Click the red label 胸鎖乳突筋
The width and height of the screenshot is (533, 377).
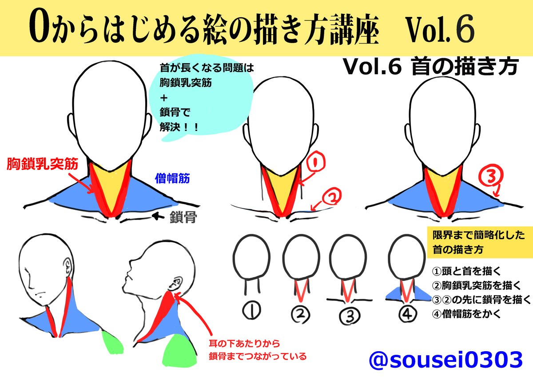coord(43,164)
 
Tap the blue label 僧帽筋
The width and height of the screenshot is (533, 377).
coord(172,179)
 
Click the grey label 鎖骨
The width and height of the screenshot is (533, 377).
coord(183,218)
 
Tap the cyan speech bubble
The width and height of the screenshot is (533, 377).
coord(202,100)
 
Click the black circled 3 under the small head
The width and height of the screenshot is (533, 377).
coord(349,316)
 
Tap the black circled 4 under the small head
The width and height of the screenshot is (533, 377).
coord(406,313)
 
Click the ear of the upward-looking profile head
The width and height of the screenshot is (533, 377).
coord(175,283)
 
